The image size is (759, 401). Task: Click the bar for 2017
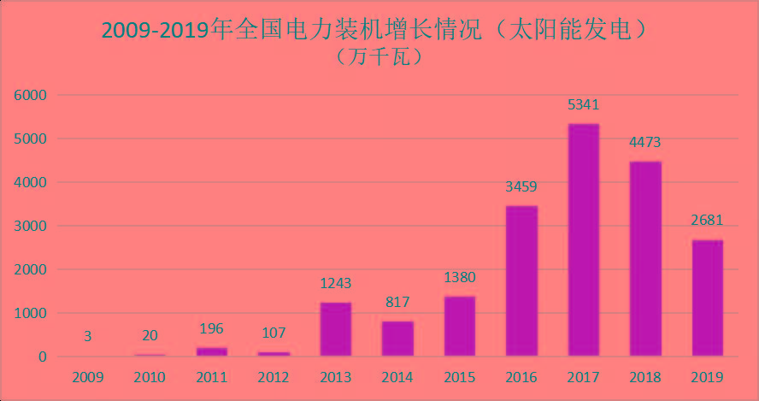click(x=584, y=239)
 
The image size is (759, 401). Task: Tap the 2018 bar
click(x=645, y=258)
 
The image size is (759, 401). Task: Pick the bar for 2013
click(x=336, y=328)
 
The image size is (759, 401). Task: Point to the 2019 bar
click(x=708, y=298)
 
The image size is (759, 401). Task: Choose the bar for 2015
click(x=460, y=326)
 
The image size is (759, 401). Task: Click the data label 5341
click(x=584, y=105)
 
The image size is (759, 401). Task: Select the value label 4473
click(x=645, y=143)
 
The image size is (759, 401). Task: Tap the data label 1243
click(x=336, y=283)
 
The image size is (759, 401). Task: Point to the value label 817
click(x=397, y=302)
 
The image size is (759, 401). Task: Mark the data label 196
click(x=211, y=328)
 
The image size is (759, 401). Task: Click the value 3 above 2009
click(x=87, y=337)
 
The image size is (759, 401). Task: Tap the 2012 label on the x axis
click(x=274, y=377)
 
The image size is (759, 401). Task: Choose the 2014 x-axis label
click(x=397, y=377)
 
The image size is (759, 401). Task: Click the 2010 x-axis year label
click(x=150, y=377)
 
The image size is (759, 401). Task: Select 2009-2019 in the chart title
click(x=155, y=30)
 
